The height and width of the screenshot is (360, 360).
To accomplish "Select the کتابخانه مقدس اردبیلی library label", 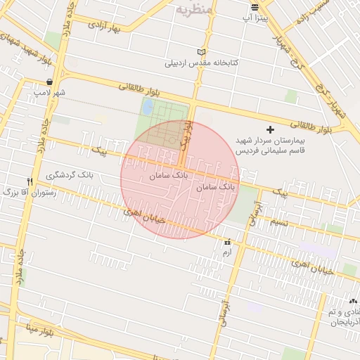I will click(202, 63).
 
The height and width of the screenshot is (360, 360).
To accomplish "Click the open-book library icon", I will click(202, 53).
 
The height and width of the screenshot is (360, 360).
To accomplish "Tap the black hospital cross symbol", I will click(271, 130).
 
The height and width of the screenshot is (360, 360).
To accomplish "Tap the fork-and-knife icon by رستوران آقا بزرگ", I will click(29, 181).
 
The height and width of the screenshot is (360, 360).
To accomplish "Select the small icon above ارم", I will click(226, 243).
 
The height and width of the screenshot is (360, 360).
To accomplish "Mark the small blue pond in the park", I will click(148, 108).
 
